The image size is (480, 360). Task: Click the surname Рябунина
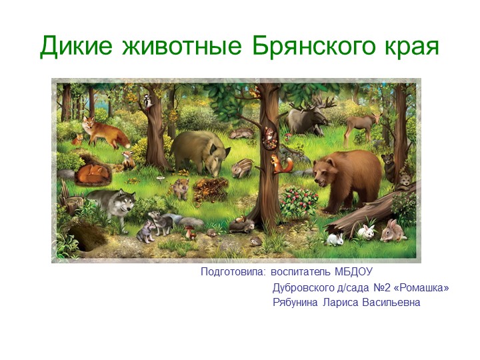click(x=296, y=303)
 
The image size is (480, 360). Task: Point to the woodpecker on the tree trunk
click(x=147, y=101)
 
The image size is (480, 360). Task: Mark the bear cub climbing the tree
click(x=388, y=163)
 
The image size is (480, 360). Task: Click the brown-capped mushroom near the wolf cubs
click(x=189, y=229)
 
